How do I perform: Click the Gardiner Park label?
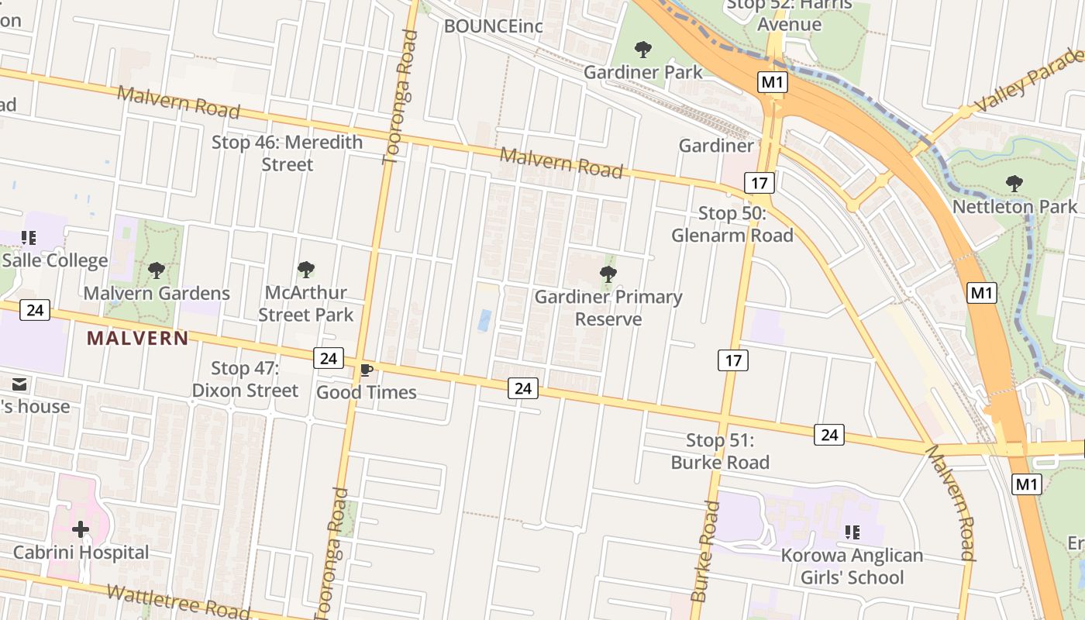click(642, 72)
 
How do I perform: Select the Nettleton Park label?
click(1014, 206)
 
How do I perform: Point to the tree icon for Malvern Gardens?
click(157, 270)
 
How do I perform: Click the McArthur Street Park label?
click(305, 304)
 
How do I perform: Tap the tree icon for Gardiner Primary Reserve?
click(608, 274)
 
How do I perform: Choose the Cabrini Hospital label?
click(81, 553)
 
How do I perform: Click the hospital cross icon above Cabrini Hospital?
click(81, 530)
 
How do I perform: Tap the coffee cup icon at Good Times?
click(367, 370)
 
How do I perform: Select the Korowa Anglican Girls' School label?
click(852, 567)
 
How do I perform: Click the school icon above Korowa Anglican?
click(852, 532)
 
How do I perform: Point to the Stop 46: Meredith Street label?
click(287, 153)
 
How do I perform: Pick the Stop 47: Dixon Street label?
click(245, 379)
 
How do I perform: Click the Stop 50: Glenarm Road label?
click(732, 224)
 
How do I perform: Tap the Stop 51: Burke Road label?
click(720, 451)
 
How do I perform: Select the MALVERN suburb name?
click(137, 338)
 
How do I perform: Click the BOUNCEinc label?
click(493, 26)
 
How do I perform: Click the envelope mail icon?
click(19, 384)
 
